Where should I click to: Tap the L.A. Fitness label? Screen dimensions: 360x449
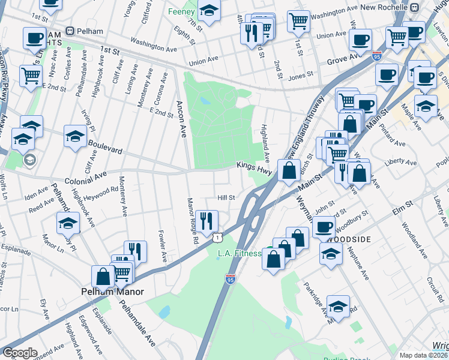coord(240,254)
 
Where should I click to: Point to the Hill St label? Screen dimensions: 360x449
coord(225,197)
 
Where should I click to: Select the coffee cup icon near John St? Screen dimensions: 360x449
coord(324,227)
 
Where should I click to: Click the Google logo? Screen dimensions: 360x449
coord(20,353)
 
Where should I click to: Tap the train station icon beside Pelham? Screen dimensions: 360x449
coord(70,31)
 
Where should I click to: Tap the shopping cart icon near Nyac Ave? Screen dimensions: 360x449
coord(31,76)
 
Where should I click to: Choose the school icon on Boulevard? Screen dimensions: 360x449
coord(75,136)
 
